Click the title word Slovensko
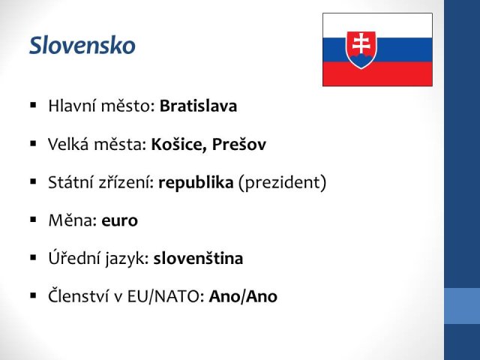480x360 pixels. [x=82, y=46]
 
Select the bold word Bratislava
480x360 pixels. [x=198, y=106]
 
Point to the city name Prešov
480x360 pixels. [x=239, y=144]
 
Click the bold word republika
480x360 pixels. [x=196, y=183]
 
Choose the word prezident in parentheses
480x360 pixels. [x=282, y=183]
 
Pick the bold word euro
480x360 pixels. [x=120, y=220]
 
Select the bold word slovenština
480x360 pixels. [x=198, y=258]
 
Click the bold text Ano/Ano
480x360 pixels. [x=243, y=296]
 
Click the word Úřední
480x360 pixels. [x=73, y=258]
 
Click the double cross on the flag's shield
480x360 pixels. [x=361, y=43]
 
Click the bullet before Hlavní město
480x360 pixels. [x=33, y=105]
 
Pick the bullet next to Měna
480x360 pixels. [x=33, y=220]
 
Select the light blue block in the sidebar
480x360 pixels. [x=462, y=306]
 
